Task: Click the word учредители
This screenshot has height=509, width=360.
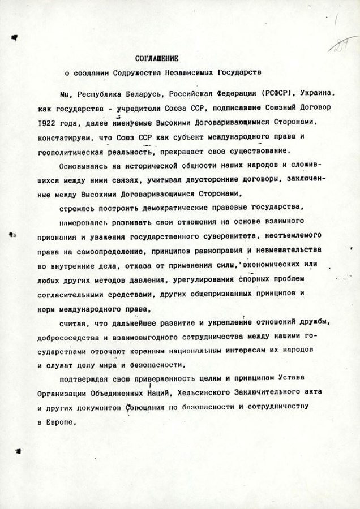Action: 135,107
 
